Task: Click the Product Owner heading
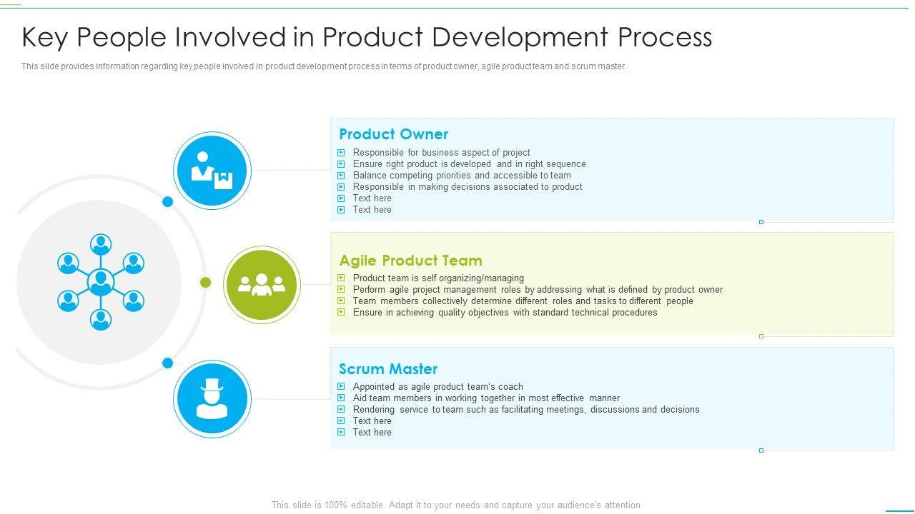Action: [393, 134]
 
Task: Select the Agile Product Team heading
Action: [410, 261]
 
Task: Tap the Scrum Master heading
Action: [387, 369]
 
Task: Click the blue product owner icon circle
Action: [212, 171]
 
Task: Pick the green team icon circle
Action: [262, 284]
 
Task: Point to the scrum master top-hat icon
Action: [212, 399]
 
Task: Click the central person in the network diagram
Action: [101, 282]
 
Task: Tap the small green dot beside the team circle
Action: [205, 282]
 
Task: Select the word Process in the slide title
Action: [665, 37]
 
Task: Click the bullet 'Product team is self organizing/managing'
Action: [438, 278]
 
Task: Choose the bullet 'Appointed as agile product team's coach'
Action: [437, 387]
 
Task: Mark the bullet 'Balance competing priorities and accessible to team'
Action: [462, 176]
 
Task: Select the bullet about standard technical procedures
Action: [505, 313]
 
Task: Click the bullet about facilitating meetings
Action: [525, 410]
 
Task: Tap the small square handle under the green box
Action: [761, 336]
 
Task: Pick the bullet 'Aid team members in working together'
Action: [486, 398]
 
